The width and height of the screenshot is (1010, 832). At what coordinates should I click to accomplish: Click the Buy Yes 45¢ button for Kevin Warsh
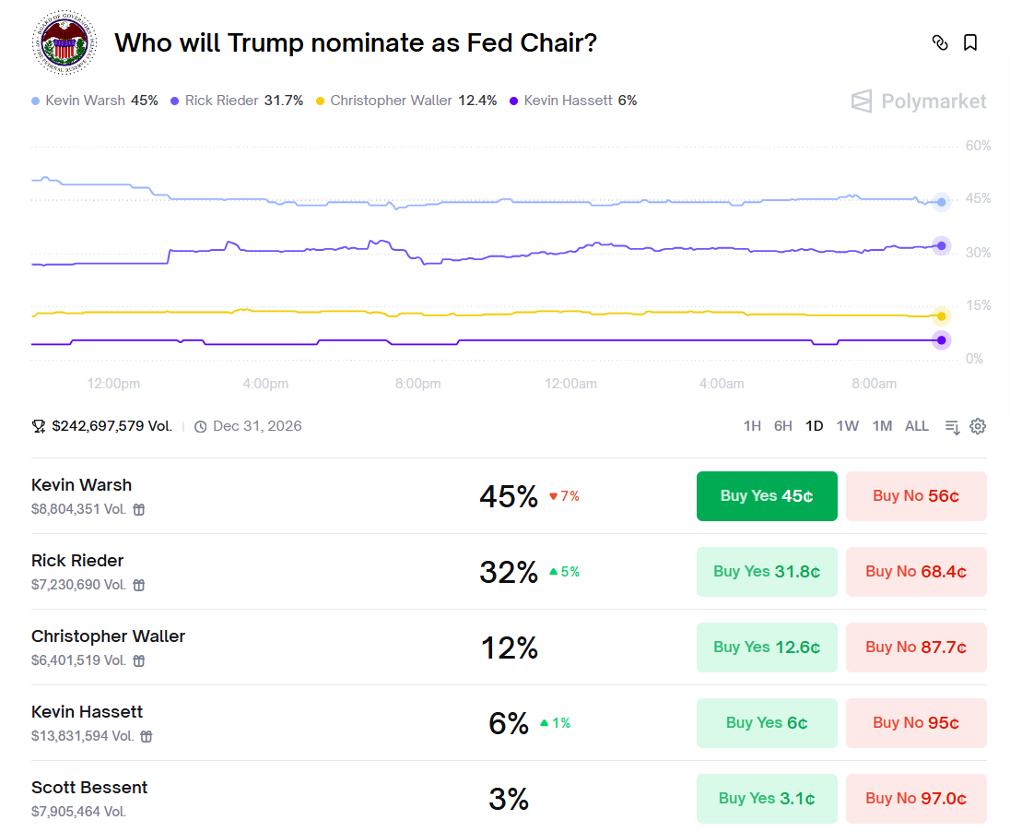point(767,496)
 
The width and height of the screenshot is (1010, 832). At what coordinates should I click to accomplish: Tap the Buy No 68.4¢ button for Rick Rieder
point(916,572)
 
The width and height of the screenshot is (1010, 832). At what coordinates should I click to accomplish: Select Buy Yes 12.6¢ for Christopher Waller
point(767,648)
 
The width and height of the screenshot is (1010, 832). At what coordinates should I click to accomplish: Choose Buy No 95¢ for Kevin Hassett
point(916,723)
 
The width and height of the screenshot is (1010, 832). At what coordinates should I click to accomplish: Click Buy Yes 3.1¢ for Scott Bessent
point(767,799)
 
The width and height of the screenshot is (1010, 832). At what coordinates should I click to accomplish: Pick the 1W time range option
point(847,426)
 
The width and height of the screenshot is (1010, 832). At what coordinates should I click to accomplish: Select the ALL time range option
point(917,426)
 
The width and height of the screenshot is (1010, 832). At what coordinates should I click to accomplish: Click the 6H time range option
point(783,426)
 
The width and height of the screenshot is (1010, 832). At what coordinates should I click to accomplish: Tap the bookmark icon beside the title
point(970,42)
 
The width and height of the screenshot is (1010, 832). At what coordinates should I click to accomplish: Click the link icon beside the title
point(940,42)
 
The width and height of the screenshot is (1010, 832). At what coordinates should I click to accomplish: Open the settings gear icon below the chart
point(978,426)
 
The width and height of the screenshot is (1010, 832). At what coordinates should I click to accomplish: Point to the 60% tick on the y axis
point(978,146)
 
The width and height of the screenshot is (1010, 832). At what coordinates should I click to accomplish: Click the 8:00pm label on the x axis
point(417,384)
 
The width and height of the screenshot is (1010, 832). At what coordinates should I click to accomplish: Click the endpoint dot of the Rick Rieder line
point(941,245)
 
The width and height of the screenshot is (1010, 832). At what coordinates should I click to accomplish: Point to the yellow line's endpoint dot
point(941,316)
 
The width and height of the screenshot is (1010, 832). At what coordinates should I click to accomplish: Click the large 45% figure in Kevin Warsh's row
point(508,496)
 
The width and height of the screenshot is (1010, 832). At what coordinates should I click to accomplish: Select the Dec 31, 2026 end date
point(256,426)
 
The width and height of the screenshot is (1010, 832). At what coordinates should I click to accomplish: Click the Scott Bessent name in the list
point(89,788)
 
